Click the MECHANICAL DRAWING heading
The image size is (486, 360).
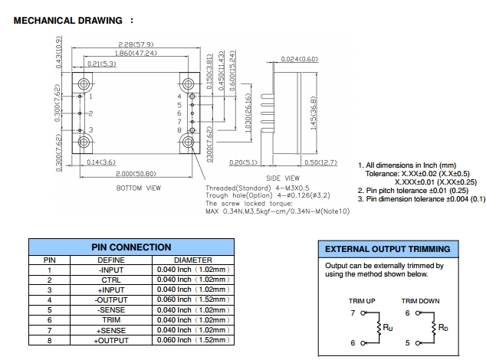pos(69,21)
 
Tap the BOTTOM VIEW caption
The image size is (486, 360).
pos(138,188)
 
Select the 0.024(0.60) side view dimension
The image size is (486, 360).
pos(299,59)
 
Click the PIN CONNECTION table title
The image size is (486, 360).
pos(131,247)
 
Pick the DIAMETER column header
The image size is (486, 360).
pos(192,260)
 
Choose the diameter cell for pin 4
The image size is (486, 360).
pos(192,299)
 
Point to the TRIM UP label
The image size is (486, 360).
pos(362,301)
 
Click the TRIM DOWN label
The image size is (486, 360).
pos(420,301)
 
